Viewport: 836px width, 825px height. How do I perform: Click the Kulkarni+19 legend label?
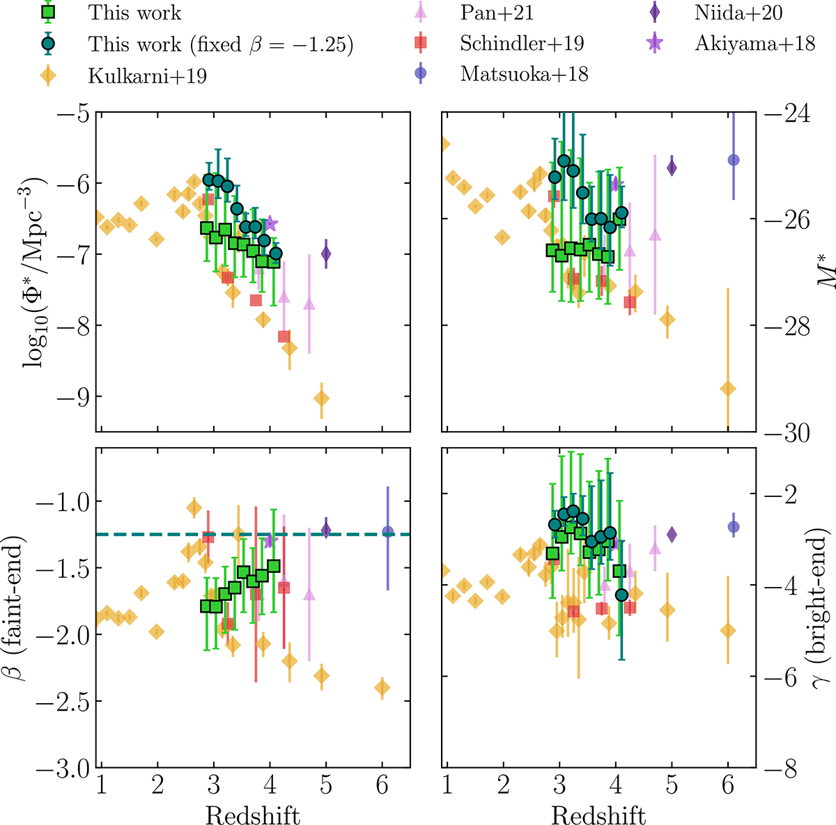click(147, 75)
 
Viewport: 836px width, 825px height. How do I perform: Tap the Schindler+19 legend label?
click(522, 43)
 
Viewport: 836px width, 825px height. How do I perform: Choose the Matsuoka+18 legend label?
click(524, 74)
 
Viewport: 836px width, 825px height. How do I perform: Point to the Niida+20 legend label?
click(738, 13)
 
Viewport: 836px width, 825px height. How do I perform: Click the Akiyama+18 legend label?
click(754, 43)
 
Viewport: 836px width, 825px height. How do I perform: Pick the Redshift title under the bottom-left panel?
click(253, 815)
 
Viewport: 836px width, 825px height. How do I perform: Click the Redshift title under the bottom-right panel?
click(598, 815)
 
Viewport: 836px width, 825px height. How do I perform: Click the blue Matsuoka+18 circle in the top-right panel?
click(733, 160)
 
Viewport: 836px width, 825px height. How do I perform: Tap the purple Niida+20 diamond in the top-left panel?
click(326, 254)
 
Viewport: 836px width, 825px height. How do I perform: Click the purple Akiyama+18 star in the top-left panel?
click(271, 223)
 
